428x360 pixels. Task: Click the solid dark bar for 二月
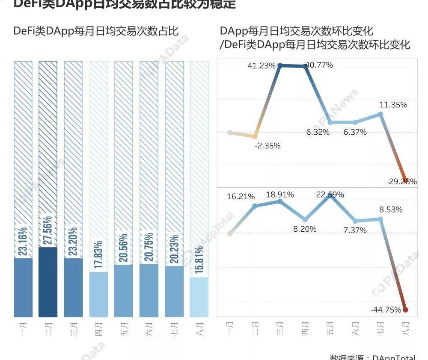pos(48,282)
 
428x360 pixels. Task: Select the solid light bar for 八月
pos(199,297)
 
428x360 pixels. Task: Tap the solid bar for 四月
pos(98,295)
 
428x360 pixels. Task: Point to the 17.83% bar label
pos(98,255)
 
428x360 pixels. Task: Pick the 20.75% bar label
pos(149,248)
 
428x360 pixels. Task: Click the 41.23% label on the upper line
pos(262,66)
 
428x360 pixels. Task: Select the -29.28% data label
pos(401,181)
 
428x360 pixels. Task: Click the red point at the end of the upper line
pos(405,180)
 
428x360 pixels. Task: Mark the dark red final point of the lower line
pos(405,310)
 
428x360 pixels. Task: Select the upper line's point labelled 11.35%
pos(380,114)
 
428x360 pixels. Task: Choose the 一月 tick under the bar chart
pos(24,330)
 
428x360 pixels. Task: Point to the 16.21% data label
pos(241,197)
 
